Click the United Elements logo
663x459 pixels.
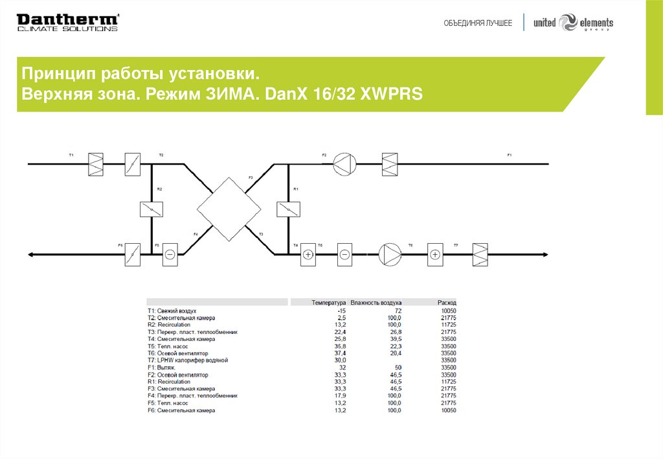[573, 23]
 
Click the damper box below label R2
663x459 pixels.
[152, 209]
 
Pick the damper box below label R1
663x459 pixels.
[288, 209]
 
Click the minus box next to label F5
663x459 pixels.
[170, 255]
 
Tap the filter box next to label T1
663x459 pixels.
[96, 164]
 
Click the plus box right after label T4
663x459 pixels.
[308, 255]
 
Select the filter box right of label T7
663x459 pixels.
[480, 255]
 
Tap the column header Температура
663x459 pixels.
[328, 303]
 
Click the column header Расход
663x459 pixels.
[447, 303]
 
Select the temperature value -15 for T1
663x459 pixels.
[341, 311]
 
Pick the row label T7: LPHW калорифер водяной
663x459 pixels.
[188, 360]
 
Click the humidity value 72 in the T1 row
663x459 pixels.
[398, 311]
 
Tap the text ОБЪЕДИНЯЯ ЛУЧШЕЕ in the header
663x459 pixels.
[478, 23]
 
